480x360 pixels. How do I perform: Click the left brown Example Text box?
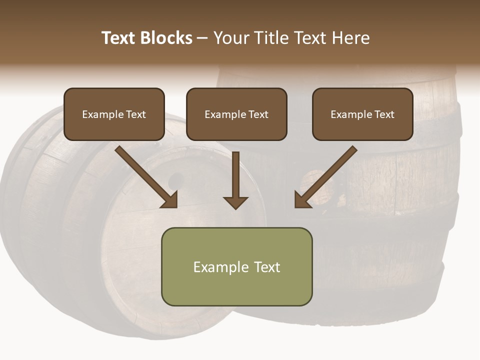[114, 114]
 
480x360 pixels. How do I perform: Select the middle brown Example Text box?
[236, 114]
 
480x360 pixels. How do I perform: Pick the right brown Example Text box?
[362, 114]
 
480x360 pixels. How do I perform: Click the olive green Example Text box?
[237, 267]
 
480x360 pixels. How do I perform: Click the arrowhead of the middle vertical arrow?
[235, 202]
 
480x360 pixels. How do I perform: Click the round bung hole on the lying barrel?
[176, 179]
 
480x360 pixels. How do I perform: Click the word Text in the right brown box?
[384, 114]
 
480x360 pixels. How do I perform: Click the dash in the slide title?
[202, 38]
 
